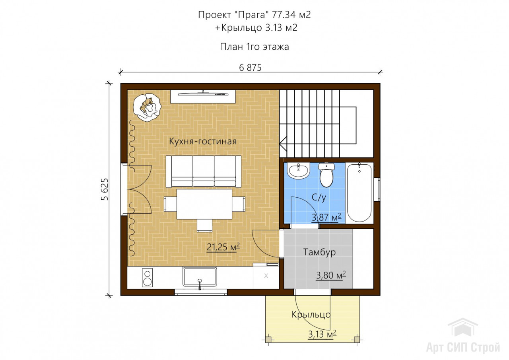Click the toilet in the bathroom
(326, 175)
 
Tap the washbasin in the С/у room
(298, 171)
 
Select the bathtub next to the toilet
(359, 192)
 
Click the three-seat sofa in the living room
(203, 171)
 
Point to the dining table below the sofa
(204, 204)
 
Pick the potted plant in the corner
(147, 107)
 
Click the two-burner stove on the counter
(147, 278)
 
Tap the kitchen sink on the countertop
(200, 277)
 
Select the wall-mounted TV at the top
(203, 93)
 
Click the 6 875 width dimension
(250, 68)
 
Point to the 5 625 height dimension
(105, 189)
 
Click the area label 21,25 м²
(223, 247)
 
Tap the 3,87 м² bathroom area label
(326, 218)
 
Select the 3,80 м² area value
(331, 275)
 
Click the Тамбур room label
(319, 252)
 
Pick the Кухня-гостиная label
(203, 141)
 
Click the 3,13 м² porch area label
(322, 334)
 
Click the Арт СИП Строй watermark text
(463, 347)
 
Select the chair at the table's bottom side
(204, 226)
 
